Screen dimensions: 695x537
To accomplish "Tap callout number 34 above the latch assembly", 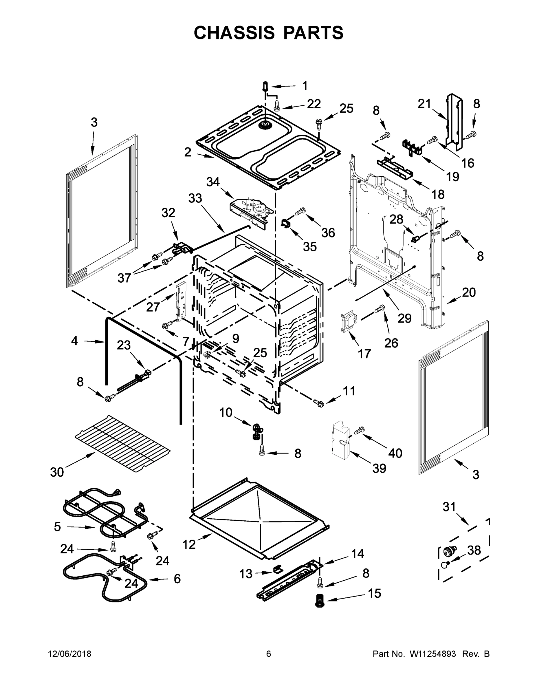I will click(x=213, y=182).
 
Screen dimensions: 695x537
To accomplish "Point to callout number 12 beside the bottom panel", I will click(x=189, y=544).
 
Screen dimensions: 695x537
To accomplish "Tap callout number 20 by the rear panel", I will click(x=469, y=292).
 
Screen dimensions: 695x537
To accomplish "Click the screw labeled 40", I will click(x=359, y=431).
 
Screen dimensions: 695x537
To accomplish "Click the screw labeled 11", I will click(x=318, y=403).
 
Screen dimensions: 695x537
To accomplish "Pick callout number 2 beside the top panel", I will click(x=188, y=152).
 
